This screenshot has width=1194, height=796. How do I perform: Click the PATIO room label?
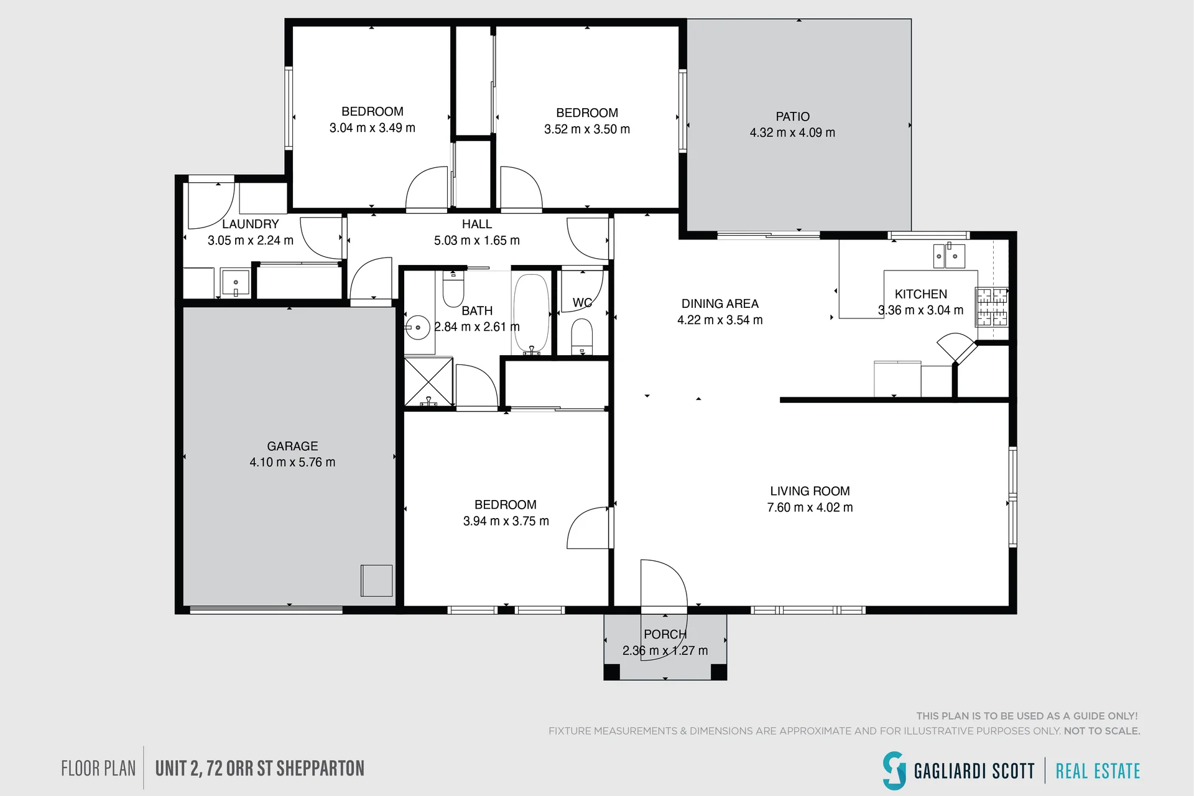pyautogui.click(x=792, y=117)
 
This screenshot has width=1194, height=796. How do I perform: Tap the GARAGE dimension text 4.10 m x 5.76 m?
pyautogui.click(x=292, y=463)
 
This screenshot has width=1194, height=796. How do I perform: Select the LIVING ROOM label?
pyautogui.click(x=810, y=491)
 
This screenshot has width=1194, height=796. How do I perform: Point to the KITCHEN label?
pyautogui.click(x=921, y=294)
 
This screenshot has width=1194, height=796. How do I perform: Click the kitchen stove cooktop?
pyautogui.click(x=991, y=307)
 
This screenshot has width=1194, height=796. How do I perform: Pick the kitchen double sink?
pyautogui.click(x=949, y=256)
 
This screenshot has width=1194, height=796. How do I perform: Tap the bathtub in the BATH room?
pyautogui.click(x=530, y=314)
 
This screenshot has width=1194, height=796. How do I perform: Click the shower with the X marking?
pyautogui.click(x=428, y=382)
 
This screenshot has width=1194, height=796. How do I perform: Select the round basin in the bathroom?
pyautogui.click(x=418, y=327)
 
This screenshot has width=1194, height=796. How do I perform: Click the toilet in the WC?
pyautogui.click(x=582, y=336)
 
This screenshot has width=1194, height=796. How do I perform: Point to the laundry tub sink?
pyautogui.click(x=236, y=283)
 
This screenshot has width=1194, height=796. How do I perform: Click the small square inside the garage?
pyautogui.click(x=377, y=580)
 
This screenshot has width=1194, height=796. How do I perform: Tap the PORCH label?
pyautogui.click(x=665, y=634)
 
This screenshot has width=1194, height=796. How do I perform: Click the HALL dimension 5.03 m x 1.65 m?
pyautogui.click(x=477, y=241)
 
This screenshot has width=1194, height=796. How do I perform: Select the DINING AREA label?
pyautogui.click(x=720, y=304)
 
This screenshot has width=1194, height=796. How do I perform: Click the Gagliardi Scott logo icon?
pyautogui.click(x=894, y=771)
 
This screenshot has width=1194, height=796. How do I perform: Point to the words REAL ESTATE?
pyautogui.click(x=1098, y=771)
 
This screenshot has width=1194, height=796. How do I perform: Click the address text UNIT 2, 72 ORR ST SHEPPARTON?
pyautogui.click(x=260, y=769)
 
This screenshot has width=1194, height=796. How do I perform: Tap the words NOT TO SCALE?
pyautogui.click(x=1102, y=731)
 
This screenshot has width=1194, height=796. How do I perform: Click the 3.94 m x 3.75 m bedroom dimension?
pyautogui.click(x=506, y=521)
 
